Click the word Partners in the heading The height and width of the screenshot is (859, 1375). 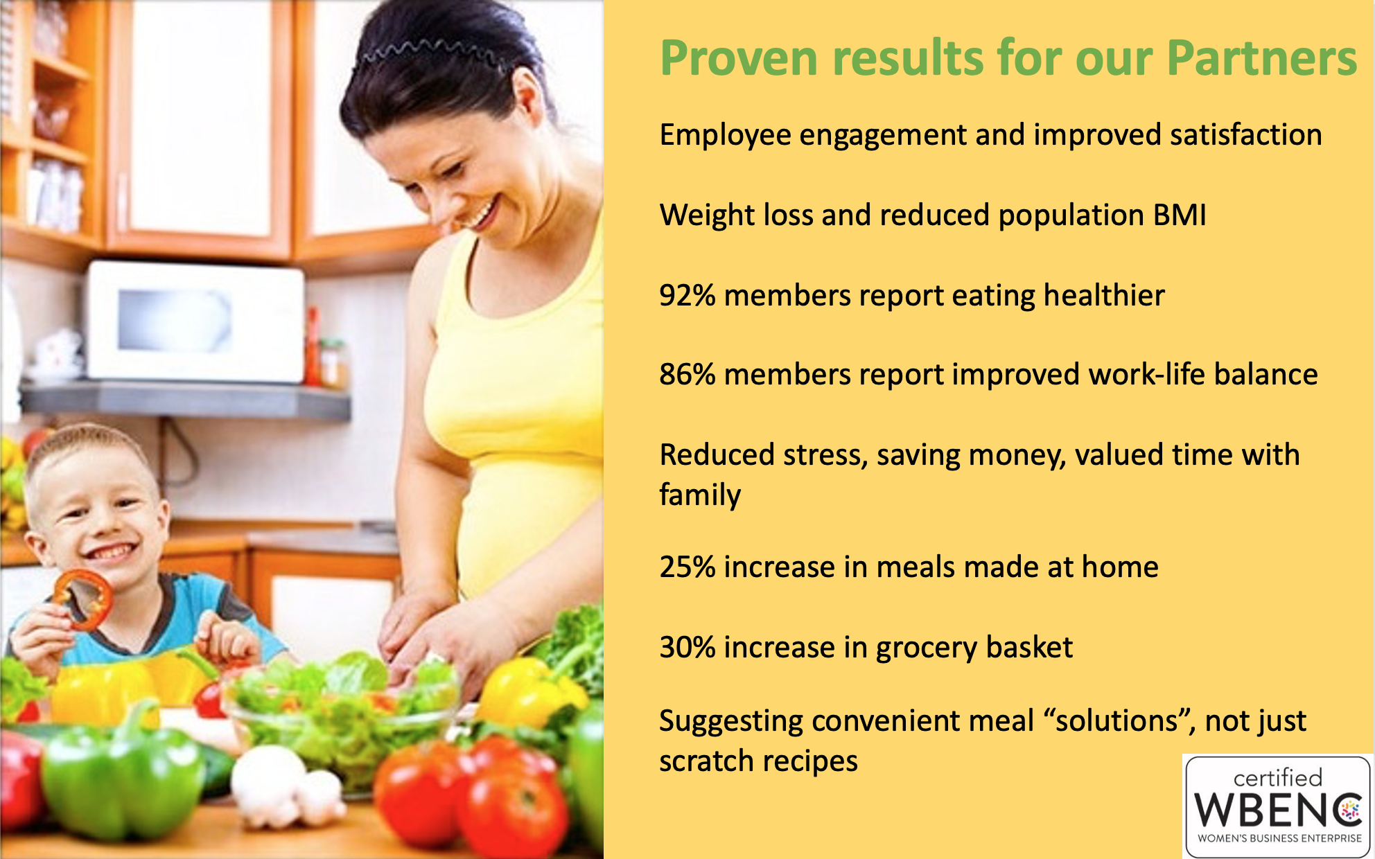(1262, 57)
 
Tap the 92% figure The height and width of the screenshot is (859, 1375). (687, 296)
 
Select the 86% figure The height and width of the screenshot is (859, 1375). (687, 375)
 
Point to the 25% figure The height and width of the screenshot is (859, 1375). (687, 567)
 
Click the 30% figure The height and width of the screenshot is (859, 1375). (687, 648)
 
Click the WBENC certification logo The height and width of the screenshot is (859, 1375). (1277, 806)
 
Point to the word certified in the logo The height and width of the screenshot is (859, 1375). (1278, 777)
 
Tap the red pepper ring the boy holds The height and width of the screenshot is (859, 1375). (83, 600)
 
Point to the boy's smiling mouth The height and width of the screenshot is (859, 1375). (111, 552)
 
